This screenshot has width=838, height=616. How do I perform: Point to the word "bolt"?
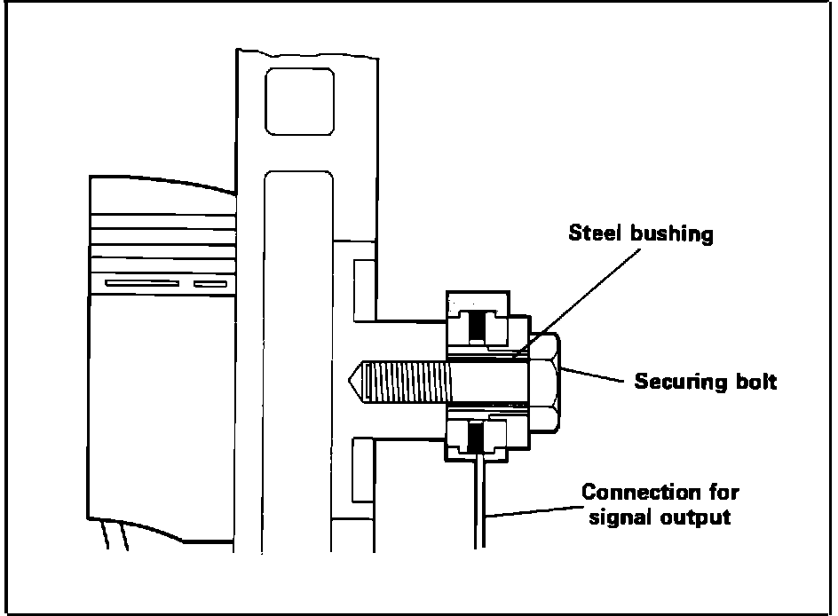pyautogui.click(x=755, y=383)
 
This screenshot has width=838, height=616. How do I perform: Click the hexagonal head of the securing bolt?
pyautogui.click(x=544, y=383)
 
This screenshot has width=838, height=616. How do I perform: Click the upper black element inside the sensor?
pyautogui.click(x=478, y=326)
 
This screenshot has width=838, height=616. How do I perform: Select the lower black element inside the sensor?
pyautogui.click(x=478, y=435)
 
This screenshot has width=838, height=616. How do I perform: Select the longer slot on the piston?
pyautogui.click(x=141, y=284)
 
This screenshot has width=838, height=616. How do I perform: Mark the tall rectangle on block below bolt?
pyautogui.click(x=361, y=470)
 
